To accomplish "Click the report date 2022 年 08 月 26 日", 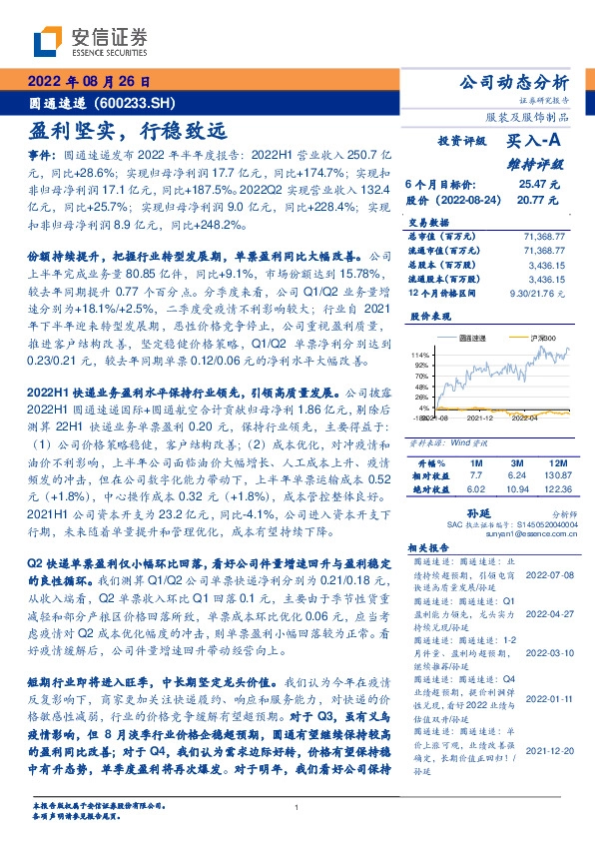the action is (x=93, y=82).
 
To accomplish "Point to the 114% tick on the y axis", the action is (x=424, y=356).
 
